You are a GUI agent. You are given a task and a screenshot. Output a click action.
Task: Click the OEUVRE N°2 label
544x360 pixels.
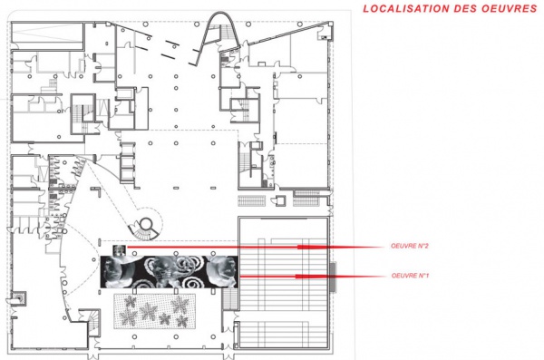point(410,246)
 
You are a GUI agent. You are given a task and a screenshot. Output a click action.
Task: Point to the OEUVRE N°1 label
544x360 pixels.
point(410,276)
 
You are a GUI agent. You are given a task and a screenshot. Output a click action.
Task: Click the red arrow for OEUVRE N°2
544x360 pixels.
point(255,248)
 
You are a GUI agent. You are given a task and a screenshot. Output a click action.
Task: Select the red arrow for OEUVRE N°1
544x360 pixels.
point(312,277)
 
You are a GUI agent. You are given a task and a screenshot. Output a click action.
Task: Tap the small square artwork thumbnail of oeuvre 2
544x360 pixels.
point(119,249)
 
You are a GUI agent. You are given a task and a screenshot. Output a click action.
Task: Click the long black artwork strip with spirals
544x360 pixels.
point(170,272)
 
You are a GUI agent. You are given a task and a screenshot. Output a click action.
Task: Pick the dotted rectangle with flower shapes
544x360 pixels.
point(155,311)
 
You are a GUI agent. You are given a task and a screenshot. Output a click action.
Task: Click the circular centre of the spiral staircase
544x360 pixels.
point(146,223)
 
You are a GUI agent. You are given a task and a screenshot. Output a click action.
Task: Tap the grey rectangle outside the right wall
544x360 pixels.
point(333,277)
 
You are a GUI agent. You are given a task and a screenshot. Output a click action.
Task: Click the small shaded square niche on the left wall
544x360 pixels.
point(19,298)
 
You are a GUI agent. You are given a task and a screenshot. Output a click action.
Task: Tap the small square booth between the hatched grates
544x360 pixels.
point(279,200)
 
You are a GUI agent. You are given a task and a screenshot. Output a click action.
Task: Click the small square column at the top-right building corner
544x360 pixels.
point(330,24)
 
